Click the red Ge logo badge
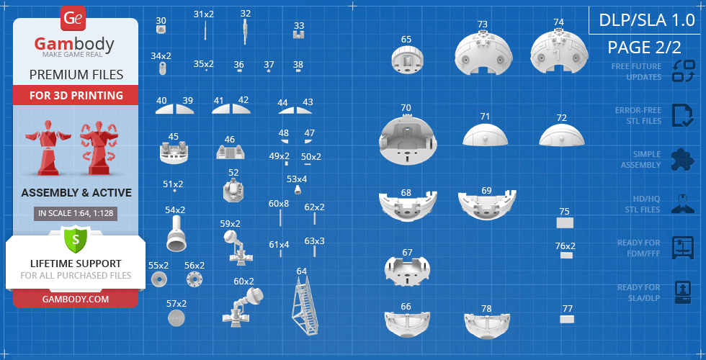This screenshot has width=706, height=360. [73, 19]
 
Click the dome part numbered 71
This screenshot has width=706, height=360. [485, 135]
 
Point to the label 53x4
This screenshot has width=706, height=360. [297, 179]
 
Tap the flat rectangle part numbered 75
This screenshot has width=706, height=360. [565, 222]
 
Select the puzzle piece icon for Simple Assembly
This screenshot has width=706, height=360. [683, 160]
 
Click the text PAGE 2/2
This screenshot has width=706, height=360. [644, 48]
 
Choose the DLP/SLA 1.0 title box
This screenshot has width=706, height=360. [647, 21]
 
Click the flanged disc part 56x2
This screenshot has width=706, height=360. [195, 279]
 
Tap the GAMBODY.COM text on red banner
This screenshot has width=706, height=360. [76, 299]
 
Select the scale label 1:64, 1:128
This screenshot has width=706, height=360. [76, 213]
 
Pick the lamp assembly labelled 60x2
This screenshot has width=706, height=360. [243, 307]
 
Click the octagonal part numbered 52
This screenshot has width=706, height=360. [233, 189]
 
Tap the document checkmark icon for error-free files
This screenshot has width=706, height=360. [683, 116]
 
